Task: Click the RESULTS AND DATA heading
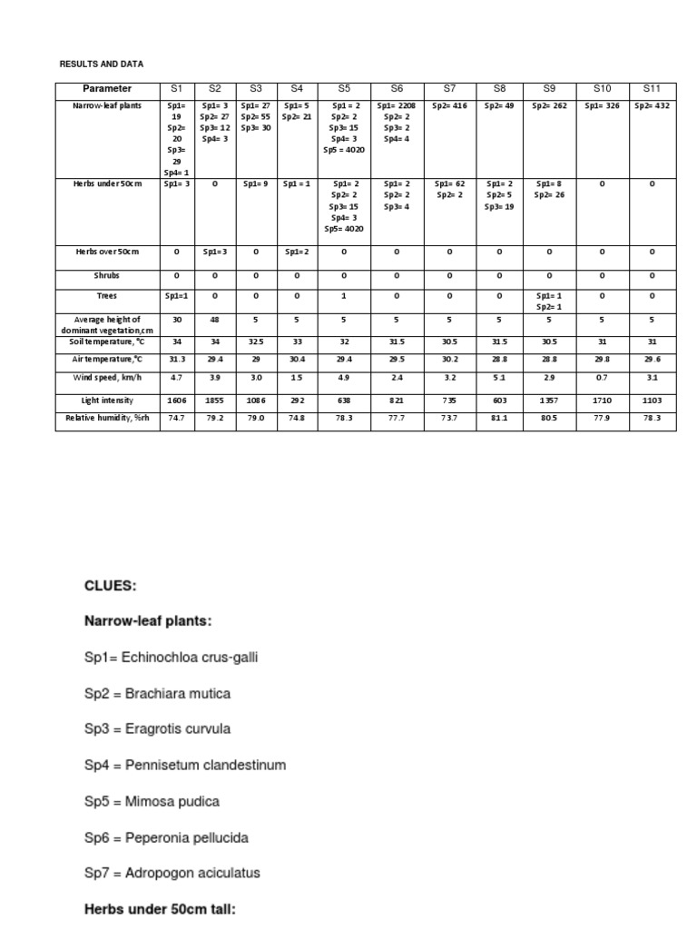tap(101, 64)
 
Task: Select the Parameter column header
tap(107, 89)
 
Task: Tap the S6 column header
tap(397, 89)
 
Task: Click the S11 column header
tap(652, 89)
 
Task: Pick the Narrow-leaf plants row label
tap(107, 105)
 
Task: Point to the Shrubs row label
tap(107, 274)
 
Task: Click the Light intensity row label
tap(107, 400)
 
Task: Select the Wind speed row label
tap(107, 376)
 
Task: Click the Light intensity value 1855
tap(215, 400)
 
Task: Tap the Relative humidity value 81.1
tap(500, 418)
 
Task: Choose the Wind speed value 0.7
tap(603, 376)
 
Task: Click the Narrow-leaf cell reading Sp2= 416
tap(450, 105)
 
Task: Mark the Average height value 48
tap(215, 320)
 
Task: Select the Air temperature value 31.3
tap(177, 360)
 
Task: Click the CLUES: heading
tap(111, 587)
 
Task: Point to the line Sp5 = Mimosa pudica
tap(152, 801)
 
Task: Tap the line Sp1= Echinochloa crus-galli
tap(172, 658)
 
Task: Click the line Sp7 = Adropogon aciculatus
tap(172, 873)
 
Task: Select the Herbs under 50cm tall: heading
tap(160, 907)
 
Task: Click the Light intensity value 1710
tap(603, 400)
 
